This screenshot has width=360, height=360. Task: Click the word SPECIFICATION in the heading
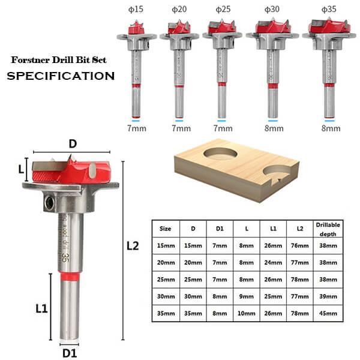(60, 76)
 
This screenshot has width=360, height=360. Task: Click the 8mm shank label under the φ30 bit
(274, 128)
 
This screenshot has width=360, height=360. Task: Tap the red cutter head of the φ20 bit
(179, 28)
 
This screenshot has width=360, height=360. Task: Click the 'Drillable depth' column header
(329, 229)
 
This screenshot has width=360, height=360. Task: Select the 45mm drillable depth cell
(329, 313)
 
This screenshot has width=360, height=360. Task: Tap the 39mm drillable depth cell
(329, 296)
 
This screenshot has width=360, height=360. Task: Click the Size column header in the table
(165, 229)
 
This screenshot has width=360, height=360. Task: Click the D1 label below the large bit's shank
(71, 353)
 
